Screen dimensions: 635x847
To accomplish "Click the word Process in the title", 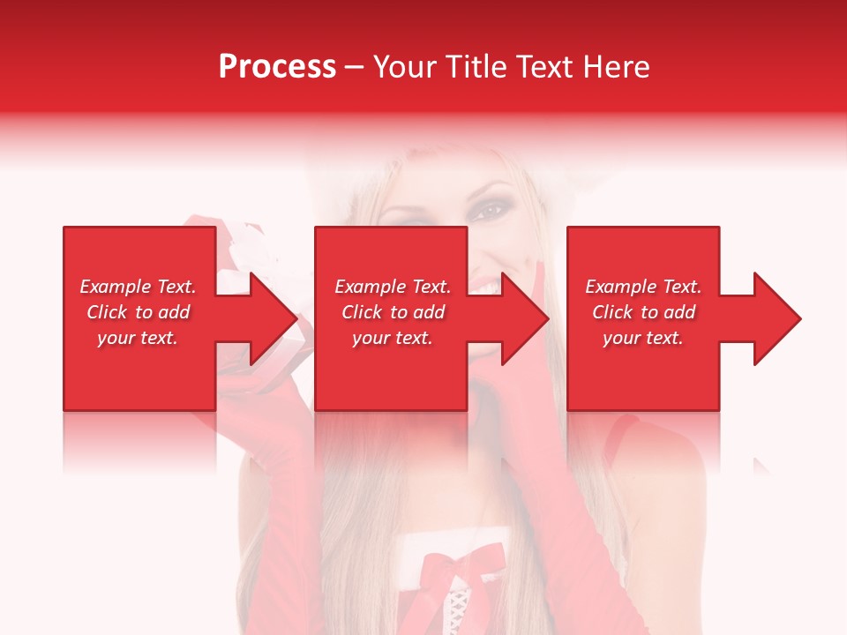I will (277, 67).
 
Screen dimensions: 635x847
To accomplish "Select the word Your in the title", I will (406, 67).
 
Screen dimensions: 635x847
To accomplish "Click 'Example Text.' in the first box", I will (138, 287).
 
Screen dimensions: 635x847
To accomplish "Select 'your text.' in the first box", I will (138, 338).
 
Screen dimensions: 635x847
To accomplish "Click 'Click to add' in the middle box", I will (393, 312).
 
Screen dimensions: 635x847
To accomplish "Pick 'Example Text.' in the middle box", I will (393, 287).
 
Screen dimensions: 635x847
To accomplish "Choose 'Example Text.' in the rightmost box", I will (643, 287).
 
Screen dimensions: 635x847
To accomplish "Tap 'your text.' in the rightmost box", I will (643, 338).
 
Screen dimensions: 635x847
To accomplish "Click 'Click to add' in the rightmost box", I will (643, 312).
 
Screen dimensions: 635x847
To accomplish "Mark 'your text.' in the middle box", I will (393, 338).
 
